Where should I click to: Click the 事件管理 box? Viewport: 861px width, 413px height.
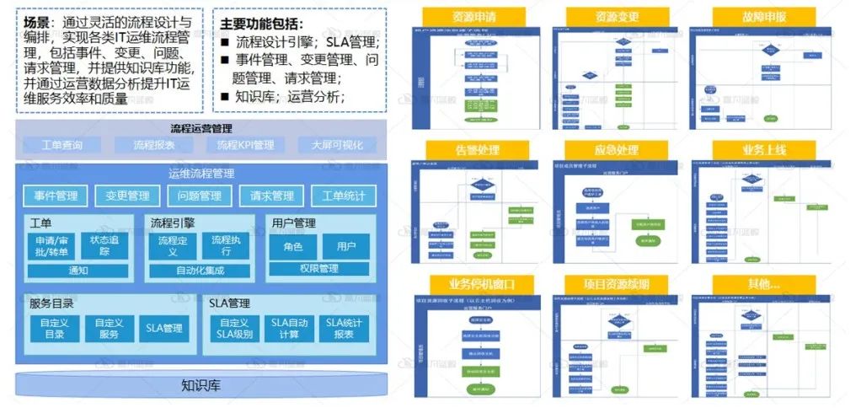[56, 196]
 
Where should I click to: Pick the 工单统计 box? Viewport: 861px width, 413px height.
[344, 196]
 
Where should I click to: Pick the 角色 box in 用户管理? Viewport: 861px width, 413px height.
[293, 246]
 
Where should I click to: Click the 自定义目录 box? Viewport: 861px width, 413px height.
[55, 328]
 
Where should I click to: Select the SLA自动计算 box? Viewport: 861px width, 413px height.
[289, 328]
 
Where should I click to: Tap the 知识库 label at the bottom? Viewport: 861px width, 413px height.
[201, 386]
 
